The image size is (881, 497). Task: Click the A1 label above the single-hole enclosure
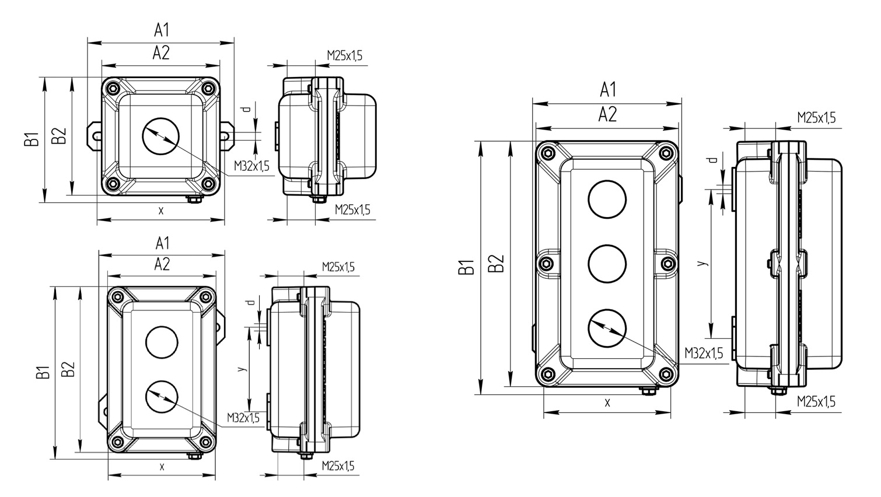pyautogui.click(x=161, y=30)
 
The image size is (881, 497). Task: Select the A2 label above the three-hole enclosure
pyautogui.click(x=607, y=115)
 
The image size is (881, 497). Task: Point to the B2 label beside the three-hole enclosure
pyautogui.click(x=495, y=264)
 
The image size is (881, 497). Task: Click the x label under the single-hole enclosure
pyautogui.click(x=161, y=211)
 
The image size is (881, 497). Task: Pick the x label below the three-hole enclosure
pyautogui.click(x=607, y=402)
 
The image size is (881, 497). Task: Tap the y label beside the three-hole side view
pyautogui.click(x=704, y=263)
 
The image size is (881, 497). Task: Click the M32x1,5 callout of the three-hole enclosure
pyautogui.click(x=704, y=353)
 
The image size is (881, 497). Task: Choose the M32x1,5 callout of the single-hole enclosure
pyautogui.click(x=251, y=166)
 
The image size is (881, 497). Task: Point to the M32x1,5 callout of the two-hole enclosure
pyautogui.click(x=243, y=418)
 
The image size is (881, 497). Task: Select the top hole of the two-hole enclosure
pyautogui.click(x=162, y=342)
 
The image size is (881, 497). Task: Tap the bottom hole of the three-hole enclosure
pyautogui.click(x=607, y=329)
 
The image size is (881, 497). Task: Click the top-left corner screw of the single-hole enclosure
pyautogui.click(x=113, y=88)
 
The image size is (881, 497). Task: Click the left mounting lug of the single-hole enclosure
pyautogui.click(x=94, y=135)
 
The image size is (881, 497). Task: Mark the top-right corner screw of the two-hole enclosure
pyautogui.click(x=205, y=297)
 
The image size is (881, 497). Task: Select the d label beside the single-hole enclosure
pyautogui.click(x=246, y=108)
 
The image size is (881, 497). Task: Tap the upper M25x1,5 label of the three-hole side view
pyautogui.click(x=816, y=118)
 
